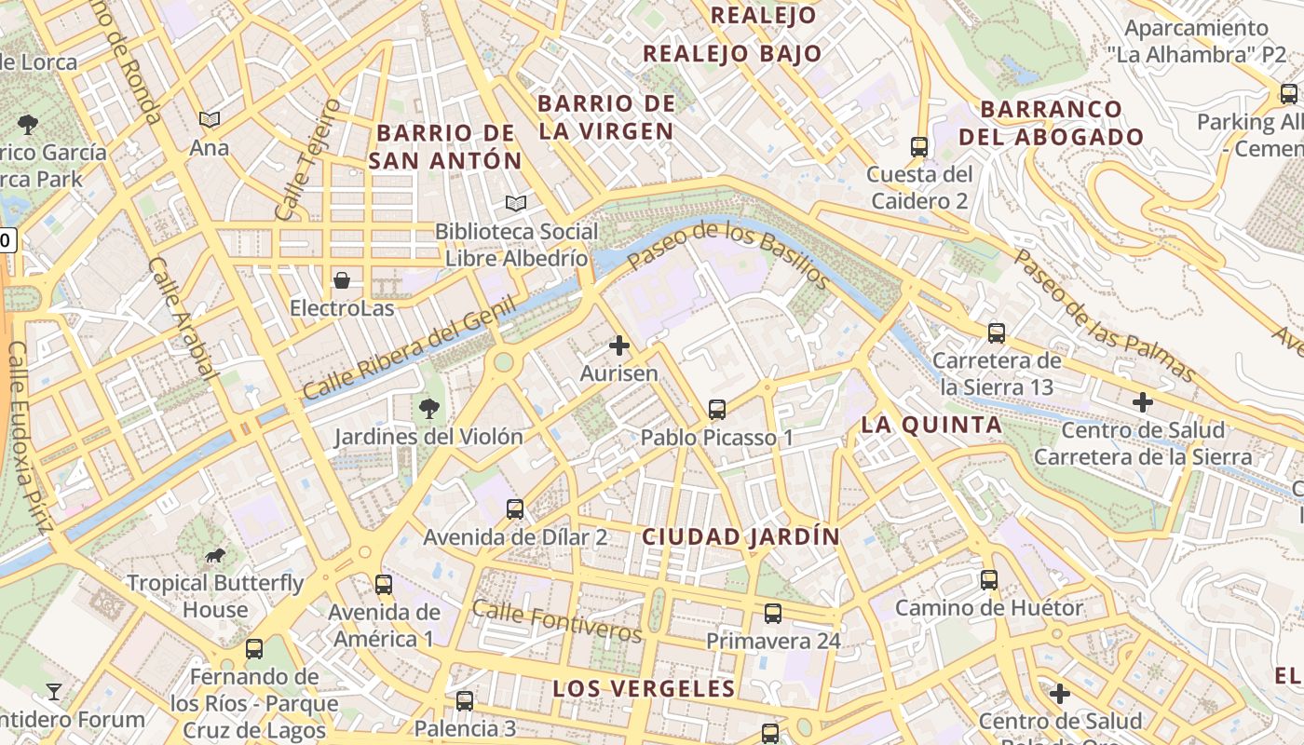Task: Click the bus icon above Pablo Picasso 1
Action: (x=716, y=409)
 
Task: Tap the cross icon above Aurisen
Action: (x=618, y=345)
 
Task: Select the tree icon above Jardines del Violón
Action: (x=428, y=407)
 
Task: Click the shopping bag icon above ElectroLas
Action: (x=342, y=279)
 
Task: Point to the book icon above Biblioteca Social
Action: (x=516, y=202)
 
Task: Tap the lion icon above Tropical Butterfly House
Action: (x=215, y=556)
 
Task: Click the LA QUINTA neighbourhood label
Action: (x=931, y=425)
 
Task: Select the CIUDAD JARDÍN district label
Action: (x=741, y=536)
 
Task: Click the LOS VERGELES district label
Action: (x=645, y=688)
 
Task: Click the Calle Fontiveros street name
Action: (x=557, y=621)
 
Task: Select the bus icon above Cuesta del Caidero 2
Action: (x=918, y=146)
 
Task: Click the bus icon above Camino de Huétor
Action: (x=989, y=579)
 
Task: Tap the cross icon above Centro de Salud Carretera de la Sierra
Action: (x=1143, y=402)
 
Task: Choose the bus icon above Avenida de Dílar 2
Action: (x=515, y=508)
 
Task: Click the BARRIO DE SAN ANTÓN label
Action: (x=445, y=146)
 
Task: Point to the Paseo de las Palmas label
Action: (x=1105, y=316)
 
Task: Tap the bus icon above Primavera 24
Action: (x=773, y=613)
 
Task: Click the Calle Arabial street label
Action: (x=183, y=319)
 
